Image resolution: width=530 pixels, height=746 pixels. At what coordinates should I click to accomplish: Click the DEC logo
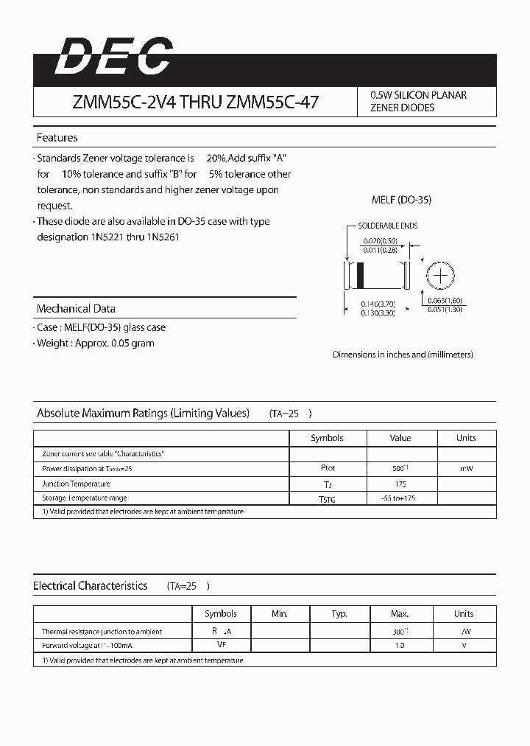click(x=113, y=57)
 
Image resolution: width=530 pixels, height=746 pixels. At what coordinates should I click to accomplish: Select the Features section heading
click(x=57, y=138)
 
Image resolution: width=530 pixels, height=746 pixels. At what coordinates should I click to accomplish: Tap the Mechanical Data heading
click(x=76, y=309)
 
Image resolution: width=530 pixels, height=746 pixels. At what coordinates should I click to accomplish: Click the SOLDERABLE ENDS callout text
click(x=387, y=226)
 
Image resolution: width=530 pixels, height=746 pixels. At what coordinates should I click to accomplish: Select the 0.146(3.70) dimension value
click(x=378, y=303)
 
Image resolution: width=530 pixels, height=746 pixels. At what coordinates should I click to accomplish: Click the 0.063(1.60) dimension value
click(x=444, y=301)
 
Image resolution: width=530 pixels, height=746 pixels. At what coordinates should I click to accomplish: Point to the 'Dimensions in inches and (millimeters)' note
click(x=403, y=355)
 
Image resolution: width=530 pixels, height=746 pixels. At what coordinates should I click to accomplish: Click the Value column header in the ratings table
click(x=400, y=438)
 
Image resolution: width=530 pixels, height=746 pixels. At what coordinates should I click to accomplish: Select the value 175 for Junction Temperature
click(x=400, y=484)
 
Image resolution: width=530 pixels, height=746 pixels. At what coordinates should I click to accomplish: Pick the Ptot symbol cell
click(x=328, y=468)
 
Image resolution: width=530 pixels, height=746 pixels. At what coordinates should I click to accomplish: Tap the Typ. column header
click(x=339, y=614)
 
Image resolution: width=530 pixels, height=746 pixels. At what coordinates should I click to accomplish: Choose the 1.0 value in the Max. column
click(x=400, y=646)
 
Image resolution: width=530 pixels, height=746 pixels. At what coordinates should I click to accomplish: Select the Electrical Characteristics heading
click(x=91, y=586)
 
